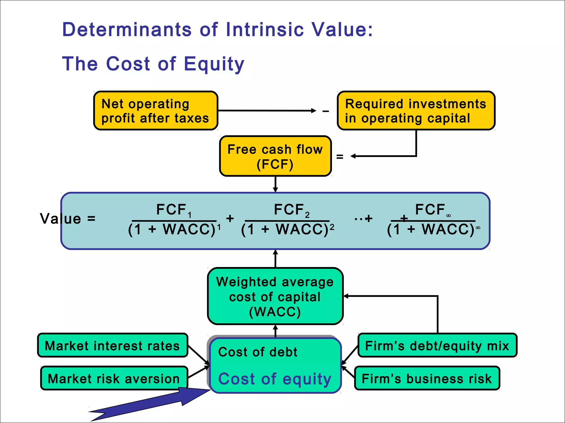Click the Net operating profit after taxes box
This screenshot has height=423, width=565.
click(x=156, y=111)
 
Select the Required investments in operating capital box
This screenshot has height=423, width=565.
click(x=416, y=111)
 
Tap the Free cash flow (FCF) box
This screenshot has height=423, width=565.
click(x=275, y=156)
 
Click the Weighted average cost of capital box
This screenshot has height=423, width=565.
click(x=275, y=296)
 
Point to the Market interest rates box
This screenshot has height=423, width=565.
click(x=113, y=345)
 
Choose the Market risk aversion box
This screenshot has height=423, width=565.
click(x=114, y=378)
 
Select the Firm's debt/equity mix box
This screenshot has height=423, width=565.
click(x=437, y=345)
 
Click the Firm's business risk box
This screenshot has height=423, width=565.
click(x=427, y=378)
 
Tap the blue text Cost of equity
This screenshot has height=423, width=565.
click(x=274, y=379)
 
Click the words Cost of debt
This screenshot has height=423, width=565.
click(x=258, y=352)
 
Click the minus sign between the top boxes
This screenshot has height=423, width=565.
click(x=326, y=111)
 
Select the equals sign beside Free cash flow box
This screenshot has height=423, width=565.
click(x=340, y=157)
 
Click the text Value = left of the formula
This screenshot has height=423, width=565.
click(x=68, y=219)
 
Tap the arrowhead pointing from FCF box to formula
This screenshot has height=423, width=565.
click(x=275, y=189)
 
